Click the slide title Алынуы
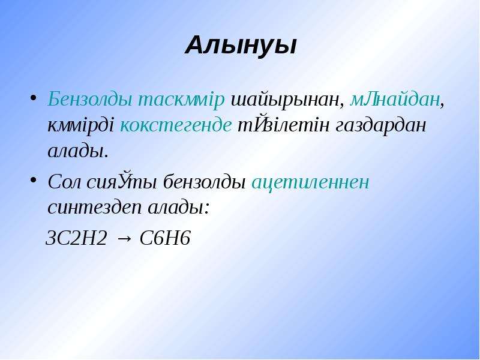click(x=241, y=46)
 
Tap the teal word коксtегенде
click(x=175, y=125)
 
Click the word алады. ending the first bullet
click(x=78, y=151)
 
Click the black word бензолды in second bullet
click(x=205, y=182)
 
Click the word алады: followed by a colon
click(x=179, y=208)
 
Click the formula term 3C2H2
click(x=76, y=238)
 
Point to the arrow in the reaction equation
click(x=124, y=239)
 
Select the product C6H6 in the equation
click(x=165, y=238)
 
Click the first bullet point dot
click(x=34, y=98)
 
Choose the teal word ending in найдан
click(x=395, y=99)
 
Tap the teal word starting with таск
click(x=182, y=99)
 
